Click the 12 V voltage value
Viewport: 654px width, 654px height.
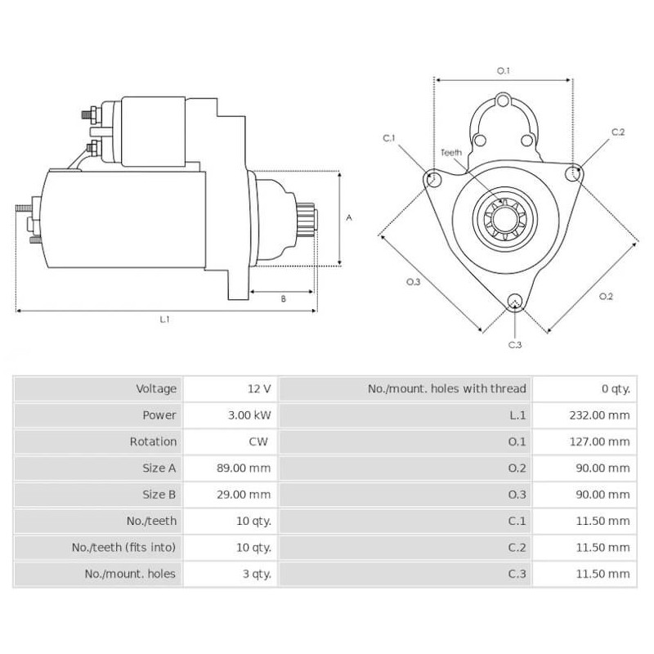[261, 389]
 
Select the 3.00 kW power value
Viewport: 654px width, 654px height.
[250, 415]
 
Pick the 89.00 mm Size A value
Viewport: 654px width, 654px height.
[248, 468]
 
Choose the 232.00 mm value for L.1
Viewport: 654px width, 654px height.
[599, 415]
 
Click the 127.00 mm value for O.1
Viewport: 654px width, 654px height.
[599, 441]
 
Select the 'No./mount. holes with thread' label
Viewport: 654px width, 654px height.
[446, 389]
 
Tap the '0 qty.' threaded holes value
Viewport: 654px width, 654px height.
[614, 389]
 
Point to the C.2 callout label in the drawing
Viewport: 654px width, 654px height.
[618, 132]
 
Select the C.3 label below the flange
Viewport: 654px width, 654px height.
[514, 345]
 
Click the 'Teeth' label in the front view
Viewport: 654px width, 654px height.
[451, 153]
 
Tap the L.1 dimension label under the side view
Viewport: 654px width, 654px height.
[164, 320]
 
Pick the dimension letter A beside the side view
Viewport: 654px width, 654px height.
[349, 218]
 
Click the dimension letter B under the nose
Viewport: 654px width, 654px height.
[283, 298]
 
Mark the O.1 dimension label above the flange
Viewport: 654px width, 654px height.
[504, 71]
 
